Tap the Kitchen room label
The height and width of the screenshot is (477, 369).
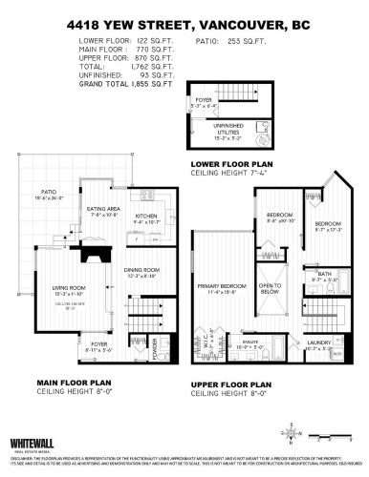click(145, 216)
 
